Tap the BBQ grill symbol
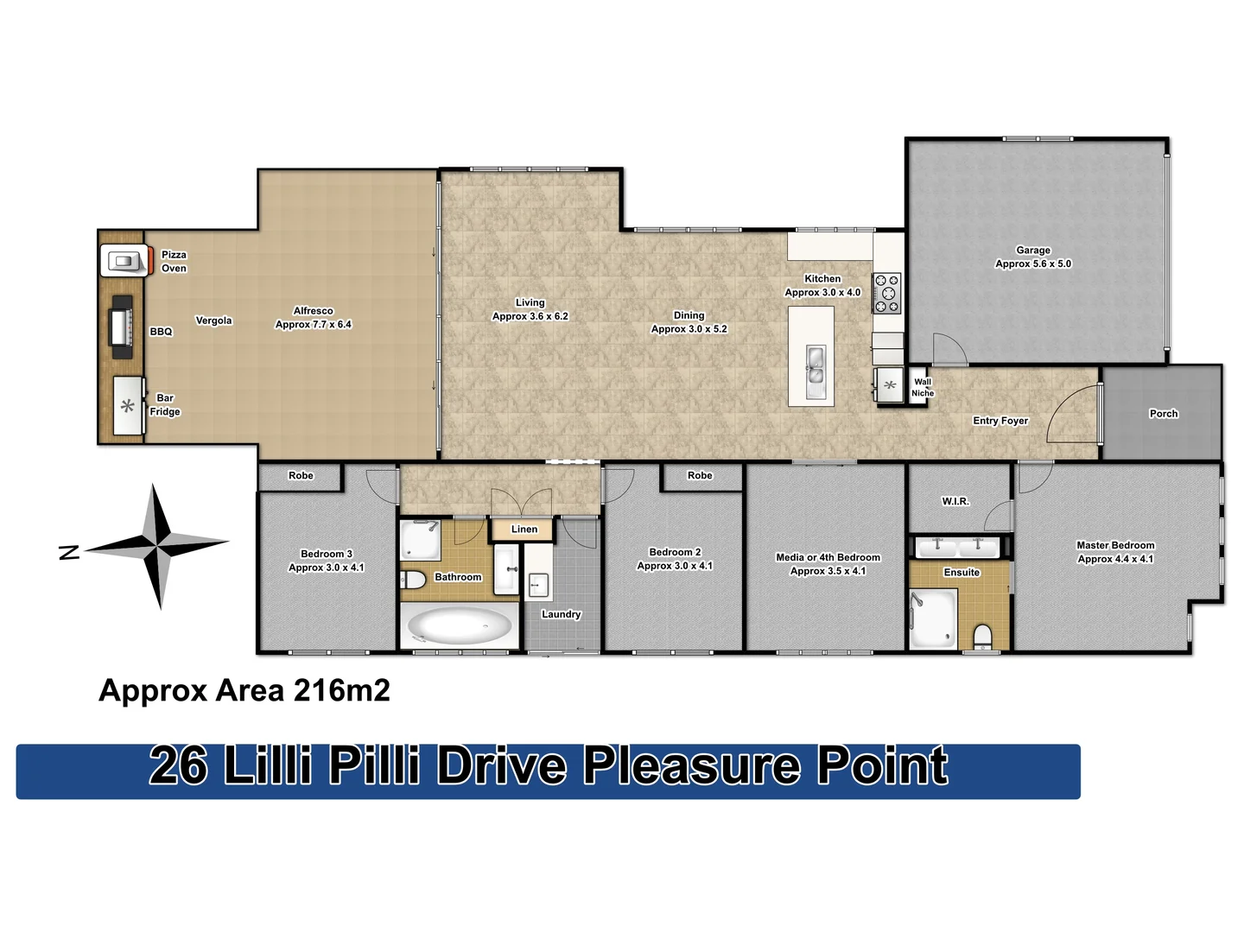pos(121,327)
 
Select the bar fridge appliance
pos(128,406)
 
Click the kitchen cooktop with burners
pos(886,293)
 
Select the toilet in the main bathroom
pos(413,579)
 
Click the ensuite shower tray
pos(933,617)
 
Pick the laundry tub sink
pos(538,585)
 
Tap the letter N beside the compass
pos(69,553)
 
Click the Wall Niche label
pos(923,387)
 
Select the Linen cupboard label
pos(524,530)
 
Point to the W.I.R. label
pos(955,501)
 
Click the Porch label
pos(1163,414)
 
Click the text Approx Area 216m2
pos(244,690)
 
